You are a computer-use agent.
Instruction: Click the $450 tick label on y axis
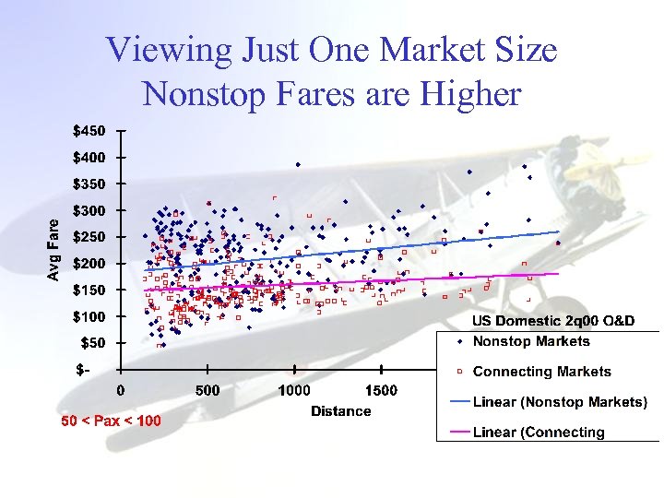click(x=89, y=130)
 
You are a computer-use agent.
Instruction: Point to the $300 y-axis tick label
click(x=89, y=210)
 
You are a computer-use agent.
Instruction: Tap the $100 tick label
click(x=89, y=316)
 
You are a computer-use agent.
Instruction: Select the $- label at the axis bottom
click(x=83, y=370)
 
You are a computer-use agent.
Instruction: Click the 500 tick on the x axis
click(x=207, y=390)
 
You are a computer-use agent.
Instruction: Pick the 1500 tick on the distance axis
click(x=381, y=390)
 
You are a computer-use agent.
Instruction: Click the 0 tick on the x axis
click(x=121, y=390)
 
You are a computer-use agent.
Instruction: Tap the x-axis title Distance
click(x=340, y=411)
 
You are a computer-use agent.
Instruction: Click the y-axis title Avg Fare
click(x=54, y=249)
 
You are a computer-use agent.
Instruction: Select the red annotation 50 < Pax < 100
click(x=111, y=421)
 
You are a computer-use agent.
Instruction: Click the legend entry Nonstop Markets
click(x=530, y=341)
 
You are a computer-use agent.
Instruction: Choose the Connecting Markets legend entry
click(x=541, y=372)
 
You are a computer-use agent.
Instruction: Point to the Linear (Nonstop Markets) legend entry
click(x=560, y=402)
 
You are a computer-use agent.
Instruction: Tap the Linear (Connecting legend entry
click(x=539, y=432)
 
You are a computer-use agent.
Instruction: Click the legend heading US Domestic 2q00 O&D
click(x=553, y=321)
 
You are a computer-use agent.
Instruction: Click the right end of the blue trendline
click(x=559, y=231)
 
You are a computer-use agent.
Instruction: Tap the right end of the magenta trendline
click(x=559, y=273)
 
